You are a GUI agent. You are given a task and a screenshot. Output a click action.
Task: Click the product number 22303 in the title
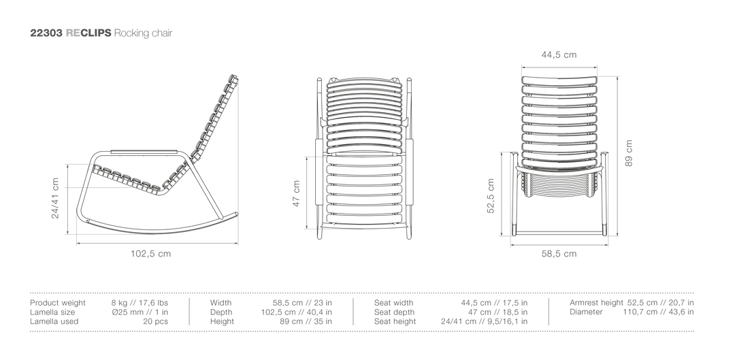tap(46, 33)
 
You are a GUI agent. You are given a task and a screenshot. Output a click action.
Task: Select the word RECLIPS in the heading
tap(88, 33)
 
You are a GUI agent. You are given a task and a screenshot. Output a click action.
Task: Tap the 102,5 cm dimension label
tap(150, 254)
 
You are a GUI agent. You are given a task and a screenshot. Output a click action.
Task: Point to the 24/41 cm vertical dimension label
tap(56, 198)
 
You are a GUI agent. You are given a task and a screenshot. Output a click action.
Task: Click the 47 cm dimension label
tap(296, 193)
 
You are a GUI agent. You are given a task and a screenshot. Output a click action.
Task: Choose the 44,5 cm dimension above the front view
tap(559, 54)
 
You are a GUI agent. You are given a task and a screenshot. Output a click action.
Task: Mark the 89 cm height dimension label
tap(629, 153)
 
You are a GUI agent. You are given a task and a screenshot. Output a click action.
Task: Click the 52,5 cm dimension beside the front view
tap(491, 195)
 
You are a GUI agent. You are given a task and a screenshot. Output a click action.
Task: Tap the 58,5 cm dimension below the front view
tap(559, 254)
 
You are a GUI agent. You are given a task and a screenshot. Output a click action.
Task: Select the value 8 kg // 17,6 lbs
tap(140, 303)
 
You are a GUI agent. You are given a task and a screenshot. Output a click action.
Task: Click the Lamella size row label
tap(52, 312)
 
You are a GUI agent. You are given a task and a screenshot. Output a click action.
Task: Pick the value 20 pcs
tap(156, 322)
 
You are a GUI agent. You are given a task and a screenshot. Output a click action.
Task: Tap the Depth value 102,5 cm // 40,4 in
tap(296, 312)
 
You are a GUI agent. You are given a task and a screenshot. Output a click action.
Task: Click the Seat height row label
tap(395, 322)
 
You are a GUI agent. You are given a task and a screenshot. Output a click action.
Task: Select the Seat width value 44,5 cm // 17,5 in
tap(494, 303)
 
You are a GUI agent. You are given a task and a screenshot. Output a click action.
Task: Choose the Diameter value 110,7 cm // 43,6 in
tap(658, 312)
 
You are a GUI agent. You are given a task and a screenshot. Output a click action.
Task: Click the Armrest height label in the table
tap(596, 303)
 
